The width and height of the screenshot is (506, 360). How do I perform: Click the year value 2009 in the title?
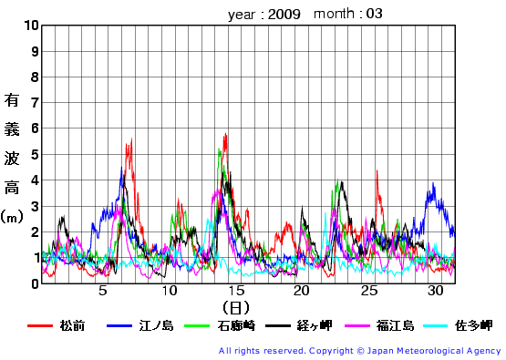[284, 14]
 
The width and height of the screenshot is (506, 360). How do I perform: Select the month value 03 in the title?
[375, 14]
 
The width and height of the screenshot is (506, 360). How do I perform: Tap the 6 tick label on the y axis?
[35, 129]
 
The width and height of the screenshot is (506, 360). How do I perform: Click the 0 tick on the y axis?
[35, 283]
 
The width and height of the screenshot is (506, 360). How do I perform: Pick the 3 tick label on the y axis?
[35, 206]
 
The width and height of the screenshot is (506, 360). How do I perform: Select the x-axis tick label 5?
[103, 292]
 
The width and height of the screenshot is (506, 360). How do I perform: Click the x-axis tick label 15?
[236, 292]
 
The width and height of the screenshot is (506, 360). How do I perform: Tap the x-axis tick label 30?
[435, 292]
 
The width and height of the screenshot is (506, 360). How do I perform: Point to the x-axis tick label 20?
[302, 292]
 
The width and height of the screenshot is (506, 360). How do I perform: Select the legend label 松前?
[72, 325]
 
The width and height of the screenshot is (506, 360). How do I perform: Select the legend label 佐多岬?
[474, 325]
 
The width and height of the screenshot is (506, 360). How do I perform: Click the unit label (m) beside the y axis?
[13, 217]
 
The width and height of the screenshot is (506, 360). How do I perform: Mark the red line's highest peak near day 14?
[225, 134]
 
